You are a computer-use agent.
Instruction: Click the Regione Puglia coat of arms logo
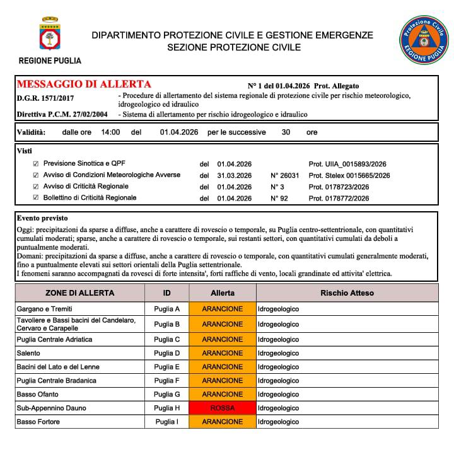tap(49, 36)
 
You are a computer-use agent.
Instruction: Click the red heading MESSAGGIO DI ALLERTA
tap(84, 84)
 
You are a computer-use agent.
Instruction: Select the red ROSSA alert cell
tap(222, 408)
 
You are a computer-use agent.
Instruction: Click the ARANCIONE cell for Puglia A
tap(222, 309)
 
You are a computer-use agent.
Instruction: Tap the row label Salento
tap(28, 353)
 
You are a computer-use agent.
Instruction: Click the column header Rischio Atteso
tap(347, 293)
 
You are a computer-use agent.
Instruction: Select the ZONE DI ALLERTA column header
tap(80, 293)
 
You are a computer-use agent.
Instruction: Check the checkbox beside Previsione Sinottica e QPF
tap(35, 163)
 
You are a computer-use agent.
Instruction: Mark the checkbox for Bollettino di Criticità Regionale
tap(35, 198)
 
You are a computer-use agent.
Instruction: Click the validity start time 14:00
tap(110, 132)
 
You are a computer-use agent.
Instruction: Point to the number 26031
tap(283, 175)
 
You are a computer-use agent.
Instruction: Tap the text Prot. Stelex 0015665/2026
tap(349, 175)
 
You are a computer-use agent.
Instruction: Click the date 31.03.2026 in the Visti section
tap(234, 175)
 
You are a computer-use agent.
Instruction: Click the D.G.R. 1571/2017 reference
tap(45, 98)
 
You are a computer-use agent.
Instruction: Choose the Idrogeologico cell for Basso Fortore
tap(278, 421)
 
